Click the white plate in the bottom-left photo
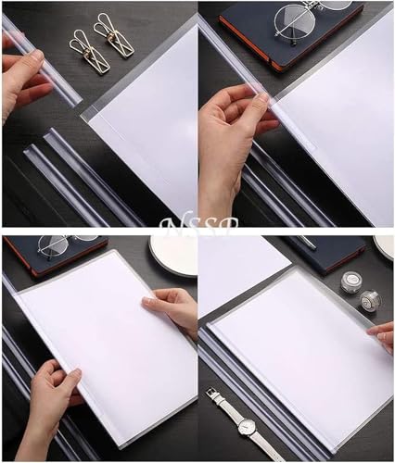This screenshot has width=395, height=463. coord(172,255)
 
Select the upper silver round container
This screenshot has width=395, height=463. coord(350,282)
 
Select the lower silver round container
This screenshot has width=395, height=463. coord(369,300)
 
